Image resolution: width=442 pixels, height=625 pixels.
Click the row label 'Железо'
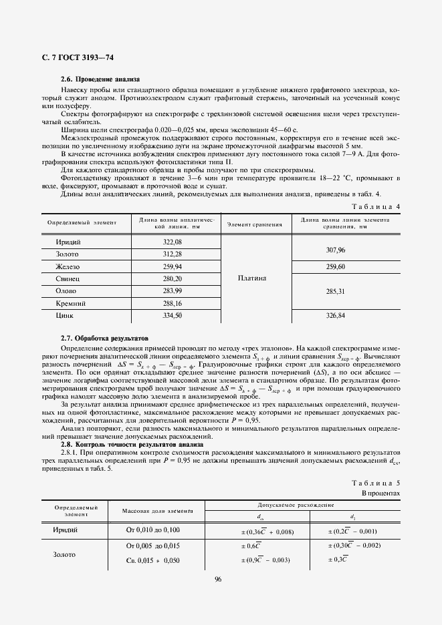(x=68, y=266)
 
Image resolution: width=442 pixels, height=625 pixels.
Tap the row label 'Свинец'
(x=68, y=278)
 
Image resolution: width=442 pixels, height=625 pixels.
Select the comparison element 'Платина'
(x=252, y=278)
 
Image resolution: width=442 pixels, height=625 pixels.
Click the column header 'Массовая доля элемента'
(x=152, y=511)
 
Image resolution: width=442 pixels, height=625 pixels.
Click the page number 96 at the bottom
(x=218, y=580)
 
